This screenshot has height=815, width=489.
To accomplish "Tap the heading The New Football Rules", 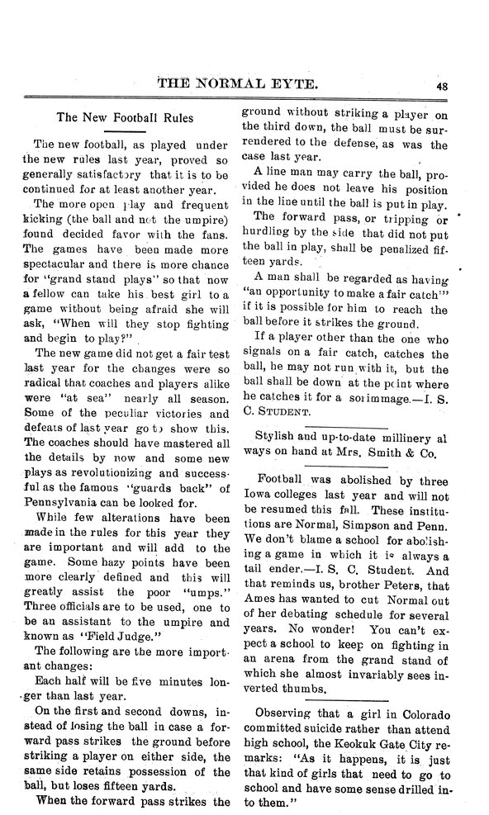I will coord(124,118).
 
